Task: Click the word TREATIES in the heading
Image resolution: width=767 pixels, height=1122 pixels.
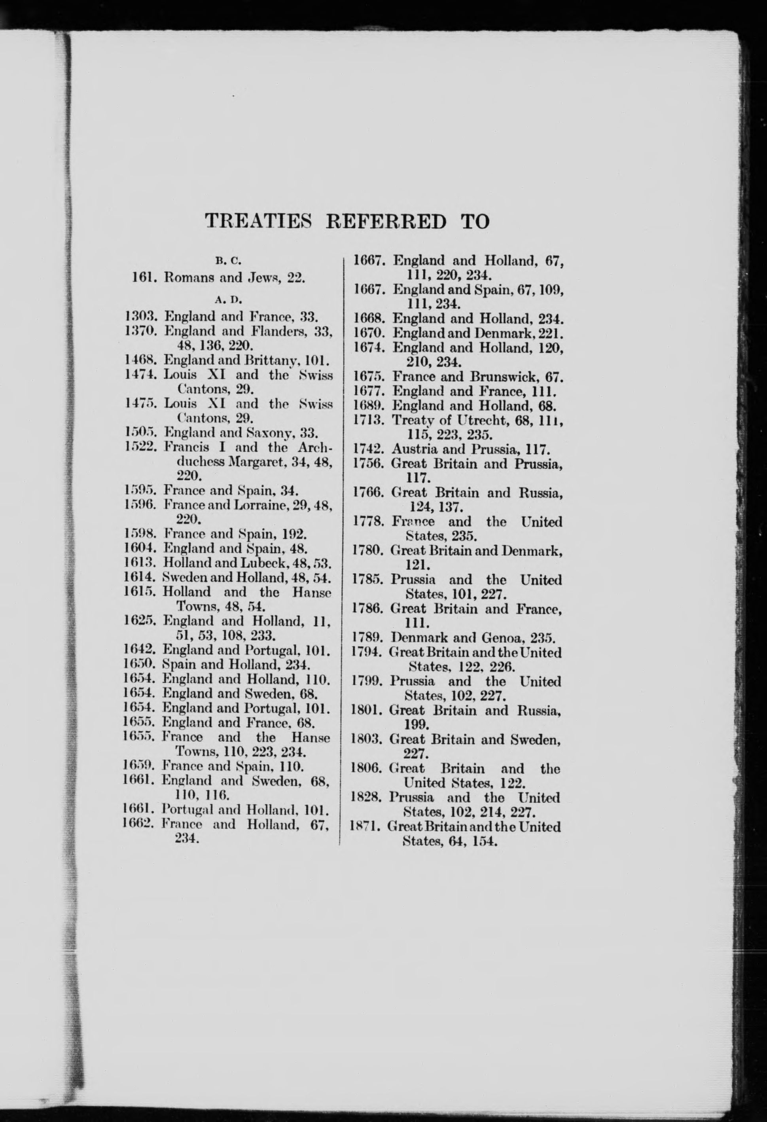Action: pyautogui.click(x=258, y=222)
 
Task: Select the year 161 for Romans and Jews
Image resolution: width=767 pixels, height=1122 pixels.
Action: pyautogui.click(x=143, y=278)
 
